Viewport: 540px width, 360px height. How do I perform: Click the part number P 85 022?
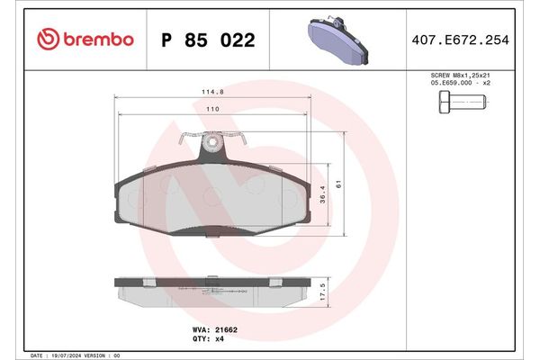[207, 40]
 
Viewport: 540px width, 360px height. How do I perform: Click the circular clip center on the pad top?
[212, 142]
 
